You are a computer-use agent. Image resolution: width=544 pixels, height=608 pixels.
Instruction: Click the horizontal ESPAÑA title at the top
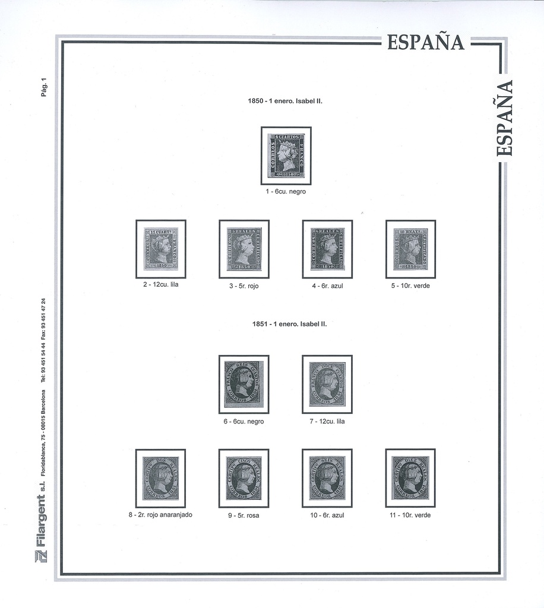[x=425, y=43]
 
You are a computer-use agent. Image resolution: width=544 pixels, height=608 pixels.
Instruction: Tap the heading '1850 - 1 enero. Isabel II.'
[x=284, y=101]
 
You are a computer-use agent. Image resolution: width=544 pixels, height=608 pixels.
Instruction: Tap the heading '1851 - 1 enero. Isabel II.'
[x=289, y=324]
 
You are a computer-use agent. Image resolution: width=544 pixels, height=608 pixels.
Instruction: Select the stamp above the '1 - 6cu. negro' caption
[x=286, y=156]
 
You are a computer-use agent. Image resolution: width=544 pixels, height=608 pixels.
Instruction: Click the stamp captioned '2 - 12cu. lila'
[x=160, y=249]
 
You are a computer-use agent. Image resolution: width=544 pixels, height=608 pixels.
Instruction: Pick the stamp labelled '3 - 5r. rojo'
[x=243, y=249]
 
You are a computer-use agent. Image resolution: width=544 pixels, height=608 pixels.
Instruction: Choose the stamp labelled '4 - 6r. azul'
[x=327, y=249]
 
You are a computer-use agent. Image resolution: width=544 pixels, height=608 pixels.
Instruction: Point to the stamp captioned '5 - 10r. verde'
[x=410, y=249]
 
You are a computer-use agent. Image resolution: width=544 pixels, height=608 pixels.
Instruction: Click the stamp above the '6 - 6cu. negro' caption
[x=243, y=384]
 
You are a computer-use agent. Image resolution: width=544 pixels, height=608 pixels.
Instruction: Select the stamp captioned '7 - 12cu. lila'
[x=327, y=384]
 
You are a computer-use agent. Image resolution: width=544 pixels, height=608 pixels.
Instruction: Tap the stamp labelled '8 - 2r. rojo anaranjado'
[x=160, y=478]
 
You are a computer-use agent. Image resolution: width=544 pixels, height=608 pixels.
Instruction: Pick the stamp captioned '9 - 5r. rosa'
[x=243, y=478]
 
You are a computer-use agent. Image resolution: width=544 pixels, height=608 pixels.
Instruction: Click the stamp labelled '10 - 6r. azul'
[x=327, y=478]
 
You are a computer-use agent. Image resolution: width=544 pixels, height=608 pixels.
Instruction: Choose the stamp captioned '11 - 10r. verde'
[x=410, y=478]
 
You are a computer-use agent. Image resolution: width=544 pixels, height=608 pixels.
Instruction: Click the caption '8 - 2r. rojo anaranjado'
[x=160, y=515]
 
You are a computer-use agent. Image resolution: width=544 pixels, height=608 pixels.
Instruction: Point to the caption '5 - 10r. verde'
[x=410, y=286]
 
